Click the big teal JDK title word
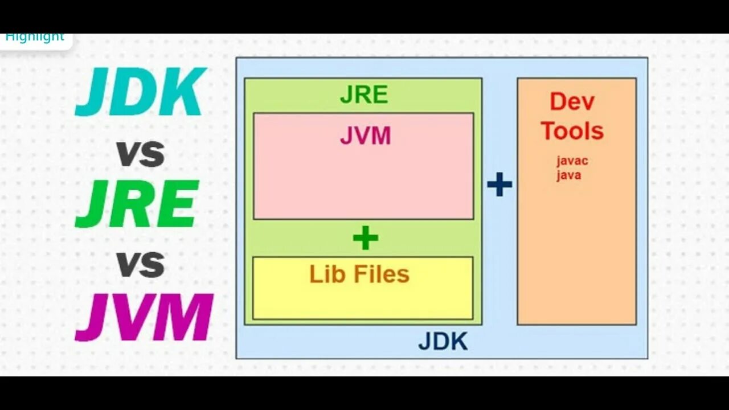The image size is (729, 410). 140,92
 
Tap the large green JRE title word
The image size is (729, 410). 137,204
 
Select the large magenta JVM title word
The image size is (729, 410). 144,317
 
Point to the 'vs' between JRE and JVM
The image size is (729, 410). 140,264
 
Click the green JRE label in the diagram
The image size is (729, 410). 363,95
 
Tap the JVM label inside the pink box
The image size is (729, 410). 365,136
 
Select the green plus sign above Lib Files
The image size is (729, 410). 365,238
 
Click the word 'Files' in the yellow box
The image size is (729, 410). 381,274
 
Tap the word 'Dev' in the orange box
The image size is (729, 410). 572,102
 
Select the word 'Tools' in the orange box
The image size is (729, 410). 572,131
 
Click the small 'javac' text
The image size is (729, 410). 572,161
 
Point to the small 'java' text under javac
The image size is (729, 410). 568,175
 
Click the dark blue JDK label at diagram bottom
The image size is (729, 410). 443,342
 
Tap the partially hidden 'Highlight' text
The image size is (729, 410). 35,38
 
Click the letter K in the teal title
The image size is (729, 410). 183,92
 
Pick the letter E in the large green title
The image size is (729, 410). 177,204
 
